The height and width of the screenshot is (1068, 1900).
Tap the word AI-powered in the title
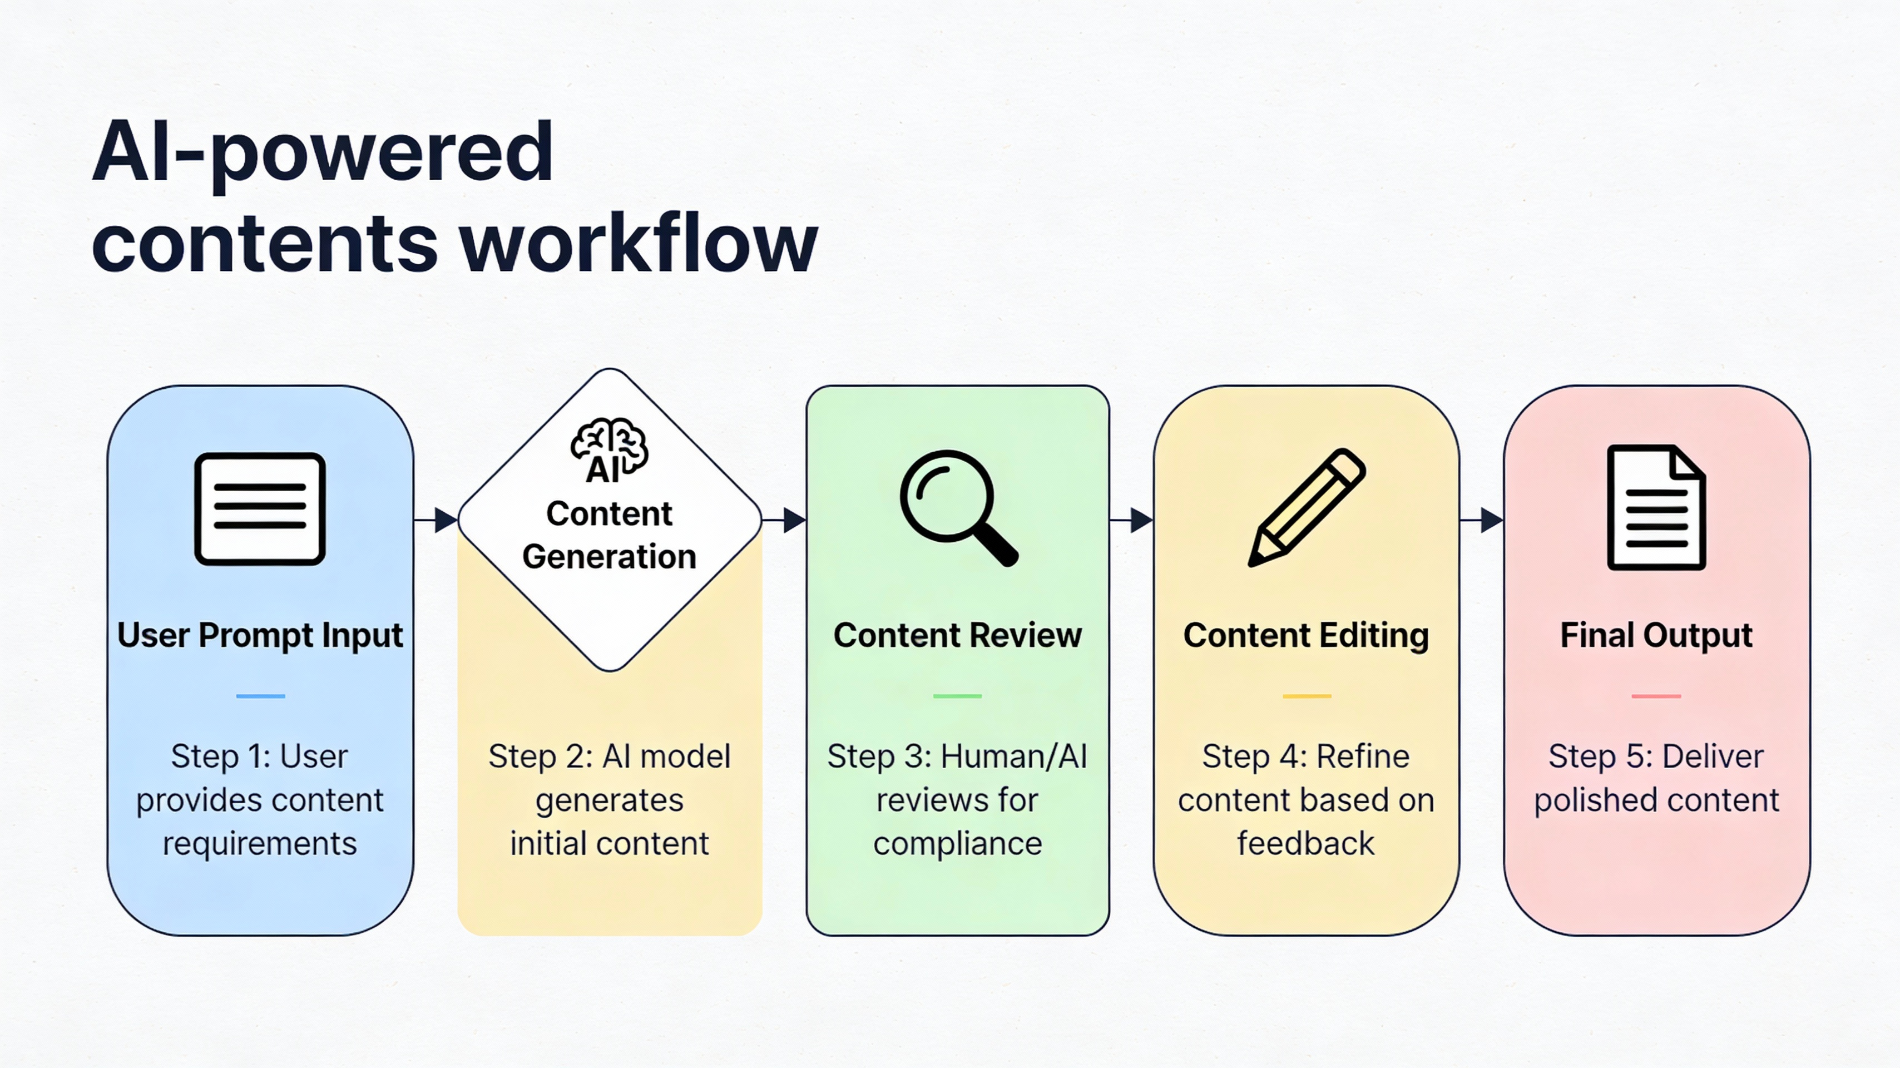tap(323, 152)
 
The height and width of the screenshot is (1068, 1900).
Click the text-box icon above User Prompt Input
tap(260, 509)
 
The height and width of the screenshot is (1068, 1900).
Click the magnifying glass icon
tap(957, 507)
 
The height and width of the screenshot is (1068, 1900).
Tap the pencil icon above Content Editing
tap(1306, 507)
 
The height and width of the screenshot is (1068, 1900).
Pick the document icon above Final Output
tap(1656, 507)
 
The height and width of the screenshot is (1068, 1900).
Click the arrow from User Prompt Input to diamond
tap(436, 520)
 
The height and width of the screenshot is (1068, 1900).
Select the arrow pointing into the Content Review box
tap(785, 520)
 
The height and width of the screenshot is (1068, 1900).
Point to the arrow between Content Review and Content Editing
tap(1132, 520)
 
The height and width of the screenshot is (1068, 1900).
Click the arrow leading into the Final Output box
tap(1482, 520)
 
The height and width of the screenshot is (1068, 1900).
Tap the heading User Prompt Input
tap(260, 635)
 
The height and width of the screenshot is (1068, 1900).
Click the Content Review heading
tap(957, 635)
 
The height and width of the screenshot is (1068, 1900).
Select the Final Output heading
tap(1656, 635)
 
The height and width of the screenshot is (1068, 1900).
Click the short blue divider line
tap(260, 695)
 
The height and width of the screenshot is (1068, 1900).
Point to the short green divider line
tap(957, 695)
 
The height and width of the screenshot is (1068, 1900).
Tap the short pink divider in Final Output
tap(1656, 695)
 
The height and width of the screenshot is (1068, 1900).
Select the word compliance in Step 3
tap(957, 844)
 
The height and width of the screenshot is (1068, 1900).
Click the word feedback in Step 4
tap(1305, 844)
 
